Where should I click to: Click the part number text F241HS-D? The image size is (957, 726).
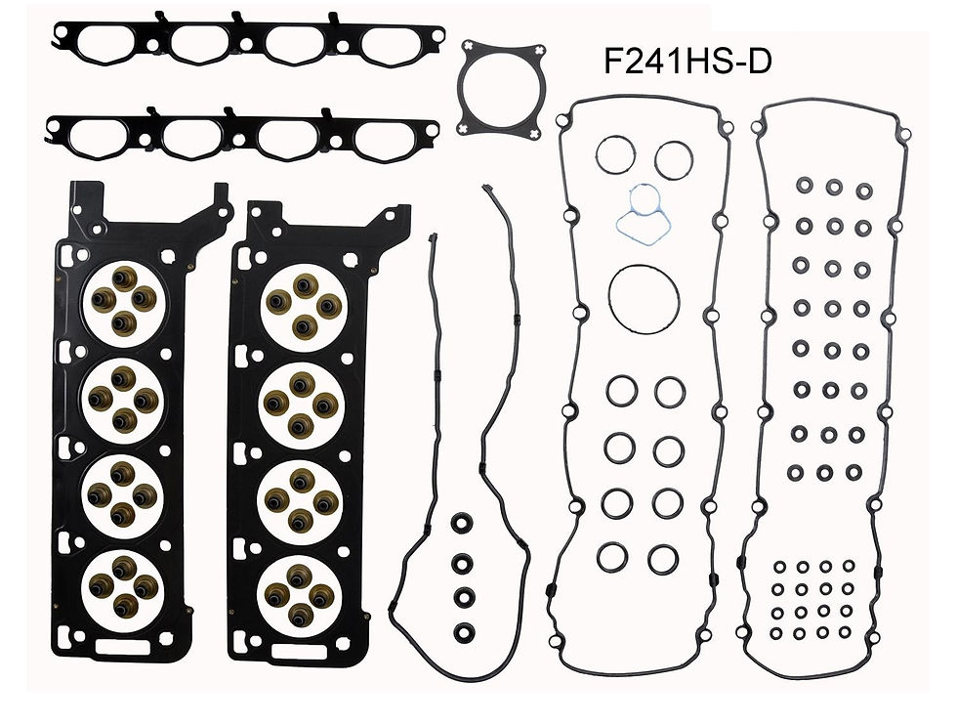(x=687, y=63)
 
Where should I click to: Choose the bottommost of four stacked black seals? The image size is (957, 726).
(x=464, y=631)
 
